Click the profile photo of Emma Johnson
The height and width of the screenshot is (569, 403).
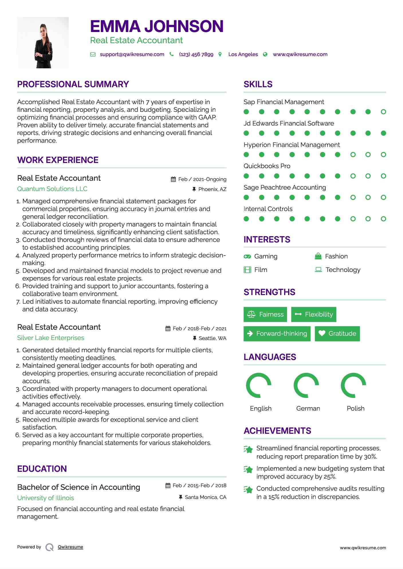[43, 43]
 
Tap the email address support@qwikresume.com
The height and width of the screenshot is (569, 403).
[132, 54]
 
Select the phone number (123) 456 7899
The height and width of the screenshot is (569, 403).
[196, 54]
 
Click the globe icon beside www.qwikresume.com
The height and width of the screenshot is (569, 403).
[265, 54]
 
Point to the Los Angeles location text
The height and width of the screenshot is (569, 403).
[243, 54]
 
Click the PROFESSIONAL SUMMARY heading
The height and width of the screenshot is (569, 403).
[73, 84]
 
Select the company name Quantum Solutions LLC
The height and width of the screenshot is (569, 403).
[52, 189]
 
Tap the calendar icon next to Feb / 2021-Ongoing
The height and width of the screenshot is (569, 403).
[173, 179]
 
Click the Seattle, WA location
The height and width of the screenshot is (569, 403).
[212, 338]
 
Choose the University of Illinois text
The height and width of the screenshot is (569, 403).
[46, 498]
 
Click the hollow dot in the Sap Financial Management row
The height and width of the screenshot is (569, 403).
[383, 112]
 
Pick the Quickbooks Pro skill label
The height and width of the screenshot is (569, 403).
[267, 166]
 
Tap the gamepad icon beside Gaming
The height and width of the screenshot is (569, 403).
[247, 256]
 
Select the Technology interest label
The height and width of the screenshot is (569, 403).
[343, 270]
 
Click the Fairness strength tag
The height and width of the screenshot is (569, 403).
[265, 315]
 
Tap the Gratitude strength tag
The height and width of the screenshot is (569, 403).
[337, 334]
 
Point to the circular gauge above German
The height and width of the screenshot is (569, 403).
[306, 385]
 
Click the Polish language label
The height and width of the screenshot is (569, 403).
[355, 408]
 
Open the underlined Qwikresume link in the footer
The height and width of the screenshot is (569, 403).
[70, 547]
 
